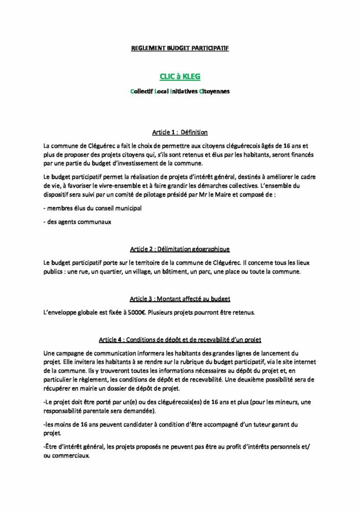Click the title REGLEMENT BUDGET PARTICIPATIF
(179, 49)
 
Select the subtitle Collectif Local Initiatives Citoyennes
(179, 90)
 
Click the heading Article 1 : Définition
(179, 132)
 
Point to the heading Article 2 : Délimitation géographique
(179, 249)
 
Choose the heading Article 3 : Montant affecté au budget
(179, 299)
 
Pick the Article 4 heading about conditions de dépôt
(179, 339)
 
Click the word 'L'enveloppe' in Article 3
(61, 313)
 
